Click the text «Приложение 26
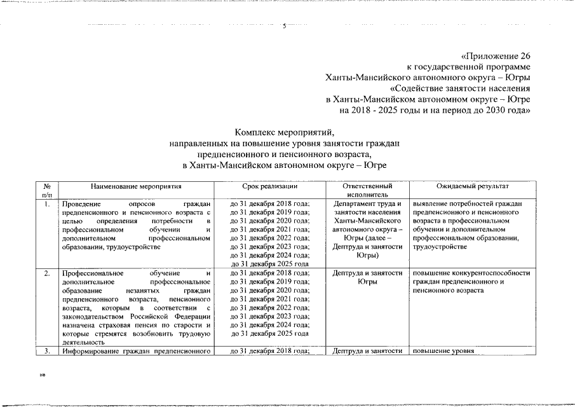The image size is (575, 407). tap(495, 56)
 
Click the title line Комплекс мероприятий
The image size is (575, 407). tap(284, 133)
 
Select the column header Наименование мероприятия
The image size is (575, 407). tap(136, 187)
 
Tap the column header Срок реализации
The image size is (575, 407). tap(270, 187)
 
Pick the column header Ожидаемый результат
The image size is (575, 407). tap(472, 187)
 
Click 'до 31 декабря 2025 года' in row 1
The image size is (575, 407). tap(269, 263)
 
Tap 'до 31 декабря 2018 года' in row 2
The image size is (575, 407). tap(269, 273)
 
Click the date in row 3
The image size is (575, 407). tap(269, 350)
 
